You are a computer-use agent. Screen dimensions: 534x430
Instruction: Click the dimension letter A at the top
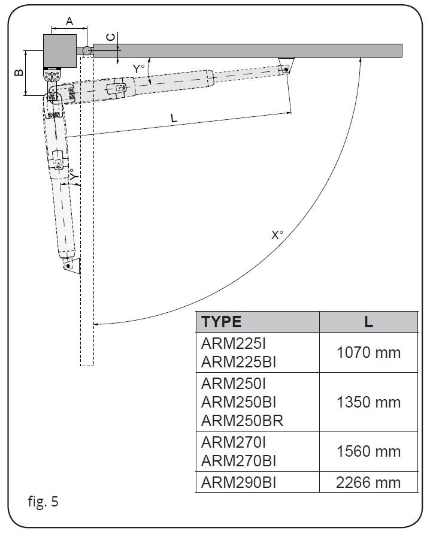pyautogui.click(x=69, y=21)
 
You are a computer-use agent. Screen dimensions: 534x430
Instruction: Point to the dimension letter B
pyautogui.click(x=19, y=72)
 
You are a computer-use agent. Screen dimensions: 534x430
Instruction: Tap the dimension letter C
pyautogui.click(x=110, y=37)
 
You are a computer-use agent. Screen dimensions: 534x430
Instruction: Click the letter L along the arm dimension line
pyautogui.click(x=174, y=118)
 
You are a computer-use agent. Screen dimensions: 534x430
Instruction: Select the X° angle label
pyautogui.click(x=277, y=235)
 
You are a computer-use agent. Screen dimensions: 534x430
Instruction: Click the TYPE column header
pyautogui.click(x=222, y=321)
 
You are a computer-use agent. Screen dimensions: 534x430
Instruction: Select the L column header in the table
pyautogui.click(x=368, y=321)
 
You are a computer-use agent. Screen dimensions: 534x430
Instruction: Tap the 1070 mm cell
pyautogui.click(x=368, y=352)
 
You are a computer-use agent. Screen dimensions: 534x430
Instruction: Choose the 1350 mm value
pyautogui.click(x=368, y=402)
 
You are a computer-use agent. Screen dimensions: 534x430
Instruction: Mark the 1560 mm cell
pyautogui.click(x=368, y=451)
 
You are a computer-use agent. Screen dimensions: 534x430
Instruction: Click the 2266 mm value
pyautogui.click(x=368, y=482)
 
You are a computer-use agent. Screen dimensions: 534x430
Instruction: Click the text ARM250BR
pyautogui.click(x=242, y=420)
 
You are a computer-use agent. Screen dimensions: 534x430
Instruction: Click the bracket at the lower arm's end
pyautogui.click(x=71, y=265)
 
